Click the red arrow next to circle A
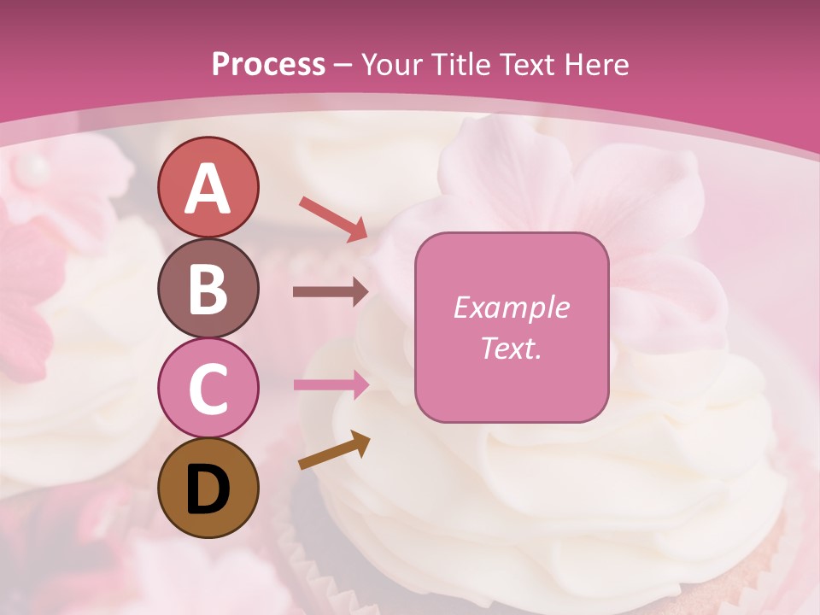333,218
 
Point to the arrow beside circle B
331,292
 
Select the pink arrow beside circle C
331,384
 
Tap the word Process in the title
268,65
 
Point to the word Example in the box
511,307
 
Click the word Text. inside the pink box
511,348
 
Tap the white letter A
208,189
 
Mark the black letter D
208,490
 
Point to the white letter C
208,389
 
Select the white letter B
208,289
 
